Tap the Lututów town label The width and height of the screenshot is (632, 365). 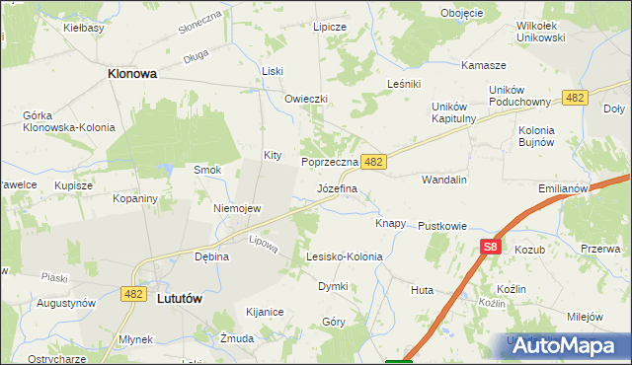[x=186, y=296]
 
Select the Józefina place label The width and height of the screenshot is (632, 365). [x=337, y=186]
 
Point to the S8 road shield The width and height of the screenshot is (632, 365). [x=492, y=248]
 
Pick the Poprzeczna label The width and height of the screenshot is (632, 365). [x=329, y=161]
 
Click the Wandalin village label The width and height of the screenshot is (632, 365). [x=443, y=181]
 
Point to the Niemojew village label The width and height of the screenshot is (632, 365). [x=237, y=209]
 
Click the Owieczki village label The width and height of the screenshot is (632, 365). [x=305, y=100]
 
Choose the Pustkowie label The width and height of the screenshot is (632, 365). [x=441, y=226]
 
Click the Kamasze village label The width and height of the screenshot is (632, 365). [x=484, y=65]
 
